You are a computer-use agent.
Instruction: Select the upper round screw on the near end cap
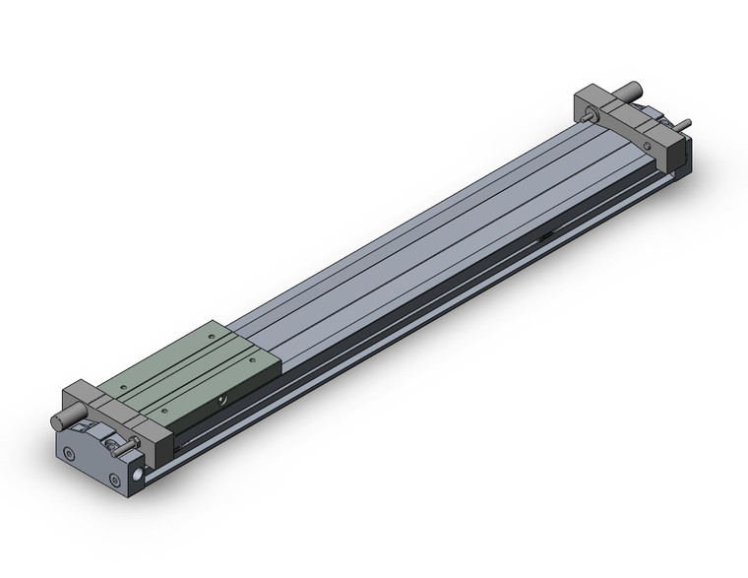click(x=68, y=454)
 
